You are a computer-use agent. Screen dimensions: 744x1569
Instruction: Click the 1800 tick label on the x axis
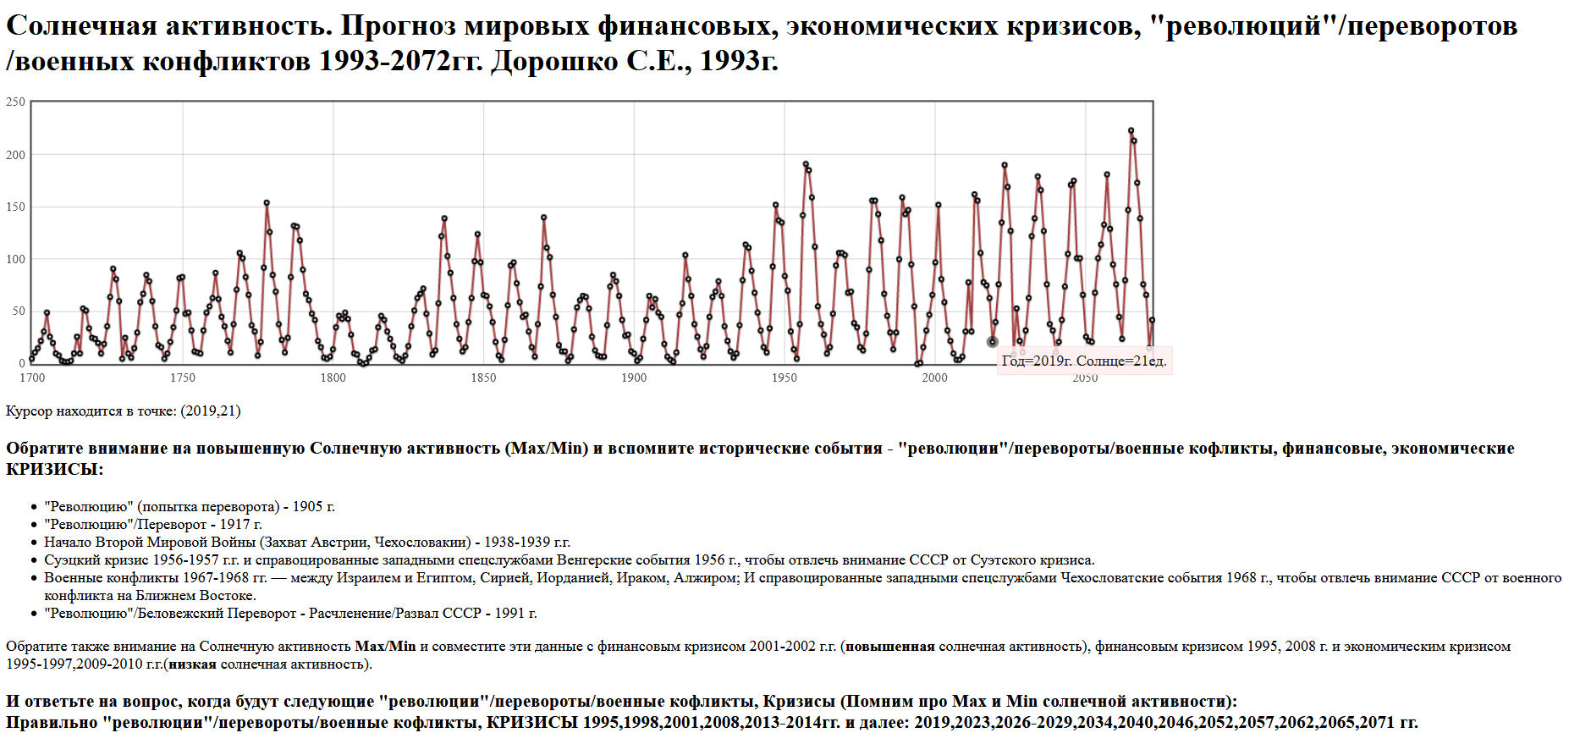[333, 378]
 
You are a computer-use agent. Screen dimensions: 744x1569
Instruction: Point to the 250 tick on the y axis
[15, 102]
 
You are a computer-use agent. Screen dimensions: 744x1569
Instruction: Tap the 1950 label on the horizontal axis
[784, 378]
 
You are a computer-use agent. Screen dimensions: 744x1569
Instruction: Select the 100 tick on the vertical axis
[15, 259]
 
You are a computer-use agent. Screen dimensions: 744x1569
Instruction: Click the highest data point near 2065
[1131, 131]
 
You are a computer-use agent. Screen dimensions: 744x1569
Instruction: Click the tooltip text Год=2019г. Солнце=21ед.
[1083, 361]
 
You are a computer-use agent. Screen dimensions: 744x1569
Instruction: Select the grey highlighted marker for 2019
[992, 342]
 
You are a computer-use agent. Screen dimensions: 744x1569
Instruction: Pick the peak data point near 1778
[267, 203]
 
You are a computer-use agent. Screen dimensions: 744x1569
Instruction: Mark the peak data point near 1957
[806, 164]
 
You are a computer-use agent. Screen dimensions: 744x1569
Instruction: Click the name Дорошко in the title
[555, 62]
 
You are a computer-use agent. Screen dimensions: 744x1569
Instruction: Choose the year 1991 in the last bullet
[508, 614]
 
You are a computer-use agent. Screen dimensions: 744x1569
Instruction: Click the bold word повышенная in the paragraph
[889, 647]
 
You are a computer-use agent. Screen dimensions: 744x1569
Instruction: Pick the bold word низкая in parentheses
[192, 664]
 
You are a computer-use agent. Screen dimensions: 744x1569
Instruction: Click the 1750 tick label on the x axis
[182, 378]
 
